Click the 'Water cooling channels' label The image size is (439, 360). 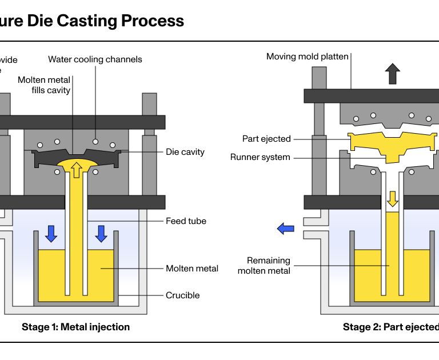coord(95,59)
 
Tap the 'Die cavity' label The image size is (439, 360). coord(185,152)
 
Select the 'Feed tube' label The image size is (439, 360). coord(186,221)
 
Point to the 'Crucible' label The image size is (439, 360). coord(183,295)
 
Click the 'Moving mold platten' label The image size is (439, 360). coord(308,56)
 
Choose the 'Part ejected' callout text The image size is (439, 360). coord(266,139)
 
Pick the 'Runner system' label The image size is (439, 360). coord(261,157)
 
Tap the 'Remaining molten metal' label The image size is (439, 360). coord(264,265)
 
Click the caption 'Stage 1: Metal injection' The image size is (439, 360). coord(75,327)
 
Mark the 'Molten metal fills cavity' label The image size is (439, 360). coord(44,85)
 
